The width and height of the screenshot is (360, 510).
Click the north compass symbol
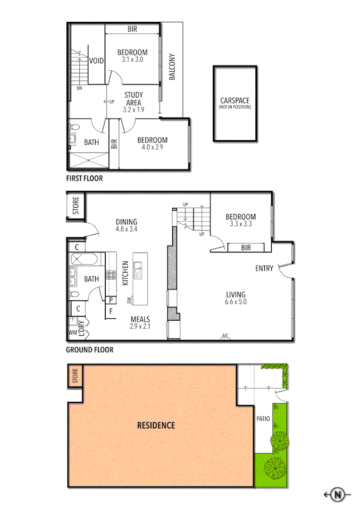pos(337,494)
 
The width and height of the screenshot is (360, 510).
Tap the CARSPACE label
pos(234,101)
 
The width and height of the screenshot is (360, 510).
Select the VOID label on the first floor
pos(96,61)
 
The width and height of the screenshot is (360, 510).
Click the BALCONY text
pos(172,67)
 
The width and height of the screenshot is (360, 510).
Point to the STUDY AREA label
pos(133,99)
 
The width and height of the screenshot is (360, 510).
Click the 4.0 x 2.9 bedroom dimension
pos(152,148)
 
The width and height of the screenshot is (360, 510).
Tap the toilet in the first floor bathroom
pos(74,127)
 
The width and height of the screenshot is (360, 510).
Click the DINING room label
pos(126,222)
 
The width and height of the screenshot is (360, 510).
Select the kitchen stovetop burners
pos(111,275)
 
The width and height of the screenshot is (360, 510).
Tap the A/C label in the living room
pos(225,336)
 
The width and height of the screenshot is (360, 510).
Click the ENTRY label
pos(264,268)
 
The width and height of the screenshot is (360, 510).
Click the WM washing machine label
pos(73,333)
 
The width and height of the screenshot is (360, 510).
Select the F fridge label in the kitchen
pos(111,311)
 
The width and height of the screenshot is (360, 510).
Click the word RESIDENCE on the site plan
pos(156,425)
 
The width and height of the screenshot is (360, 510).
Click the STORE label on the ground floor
pos(76,205)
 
